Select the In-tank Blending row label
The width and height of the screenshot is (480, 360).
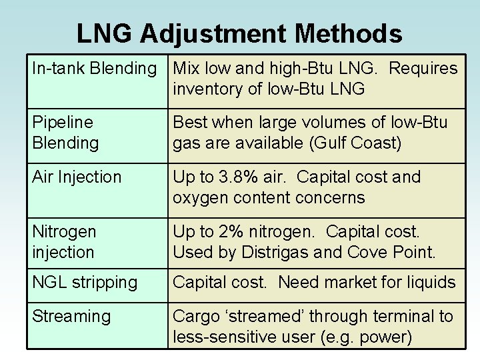tap(94, 68)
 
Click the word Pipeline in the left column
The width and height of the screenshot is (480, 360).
tap(63, 122)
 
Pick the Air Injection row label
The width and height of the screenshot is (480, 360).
tap(77, 177)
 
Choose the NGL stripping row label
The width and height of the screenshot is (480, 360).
tap(85, 282)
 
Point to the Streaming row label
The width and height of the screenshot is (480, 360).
tap(71, 316)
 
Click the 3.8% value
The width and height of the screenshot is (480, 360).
tap(246, 177)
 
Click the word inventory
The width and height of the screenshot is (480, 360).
tap(207, 89)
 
